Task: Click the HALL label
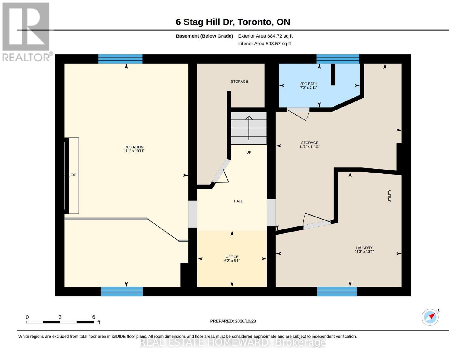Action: [238, 201]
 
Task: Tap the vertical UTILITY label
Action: [389, 196]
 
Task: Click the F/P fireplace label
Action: [73, 175]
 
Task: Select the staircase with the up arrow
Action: [248, 128]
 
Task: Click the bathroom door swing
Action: [298, 114]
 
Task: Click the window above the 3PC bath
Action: [338, 59]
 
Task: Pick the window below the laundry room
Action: [337, 292]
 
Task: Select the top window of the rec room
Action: [120, 59]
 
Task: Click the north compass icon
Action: [430, 317]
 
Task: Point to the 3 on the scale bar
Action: [60, 317]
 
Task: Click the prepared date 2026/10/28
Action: [245, 321]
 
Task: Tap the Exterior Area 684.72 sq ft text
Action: [265, 36]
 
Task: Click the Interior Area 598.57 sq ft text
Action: [264, 43]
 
